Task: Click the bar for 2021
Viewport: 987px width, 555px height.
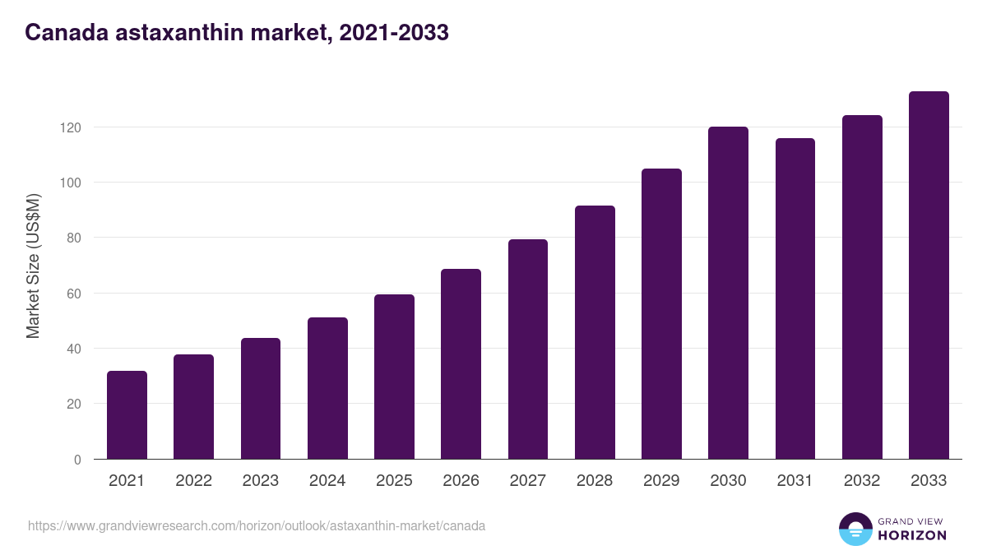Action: tap(127, 415)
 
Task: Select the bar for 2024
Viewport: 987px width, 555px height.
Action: tap(327, 388)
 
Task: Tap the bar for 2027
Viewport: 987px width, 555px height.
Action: tap(528, 349)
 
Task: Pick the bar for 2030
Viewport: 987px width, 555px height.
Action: tap(728, 293)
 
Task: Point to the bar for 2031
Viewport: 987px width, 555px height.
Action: tap(795, 298)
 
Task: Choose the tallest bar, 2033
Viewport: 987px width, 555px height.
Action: tap(929, 275)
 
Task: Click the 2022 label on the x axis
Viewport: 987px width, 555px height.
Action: tap(193, 481)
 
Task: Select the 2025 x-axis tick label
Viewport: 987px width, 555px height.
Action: tap(394, 481)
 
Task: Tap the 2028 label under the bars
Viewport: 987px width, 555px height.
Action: tap(595, 481)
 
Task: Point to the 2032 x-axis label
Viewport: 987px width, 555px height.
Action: tap(862, 481)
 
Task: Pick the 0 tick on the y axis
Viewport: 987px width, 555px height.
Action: tap(77, 460)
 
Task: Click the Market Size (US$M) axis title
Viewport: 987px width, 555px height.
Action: tap(33, 266)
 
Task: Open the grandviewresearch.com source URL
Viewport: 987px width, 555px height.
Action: tap(257, 525)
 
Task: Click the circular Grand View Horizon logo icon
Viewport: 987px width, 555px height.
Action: tap(855, 529)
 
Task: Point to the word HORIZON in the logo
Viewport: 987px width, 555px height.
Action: tap(912, 535)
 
